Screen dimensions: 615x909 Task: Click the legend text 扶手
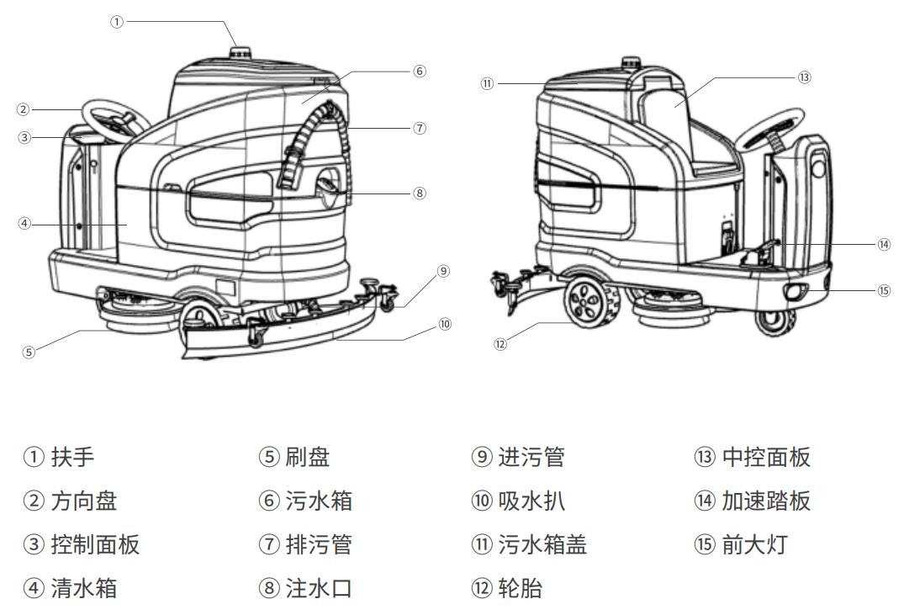72,457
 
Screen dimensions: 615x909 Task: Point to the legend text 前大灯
753,544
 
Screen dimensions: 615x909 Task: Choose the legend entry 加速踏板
765,501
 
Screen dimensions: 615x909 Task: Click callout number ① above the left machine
117,22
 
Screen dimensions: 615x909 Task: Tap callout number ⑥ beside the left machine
420,71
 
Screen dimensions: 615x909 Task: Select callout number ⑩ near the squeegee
445,324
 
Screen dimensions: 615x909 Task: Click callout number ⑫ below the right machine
500,344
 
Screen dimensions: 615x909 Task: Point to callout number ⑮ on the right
884,290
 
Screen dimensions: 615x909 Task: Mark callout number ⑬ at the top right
804,77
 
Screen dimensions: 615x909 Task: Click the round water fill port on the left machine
329,187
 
